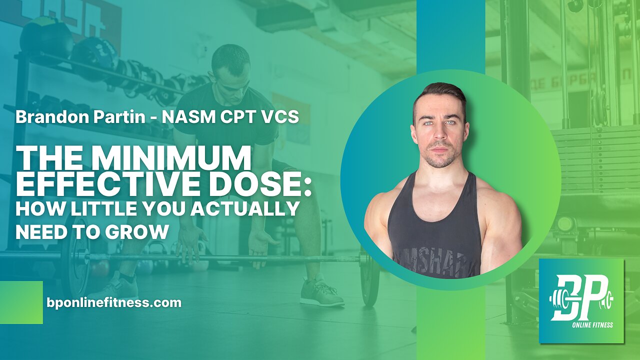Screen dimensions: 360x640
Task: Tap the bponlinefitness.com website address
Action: pyautogui.click(x=113, y=302)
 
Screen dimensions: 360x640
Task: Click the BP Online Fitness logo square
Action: pyautogui.click(x=581, y=301)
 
